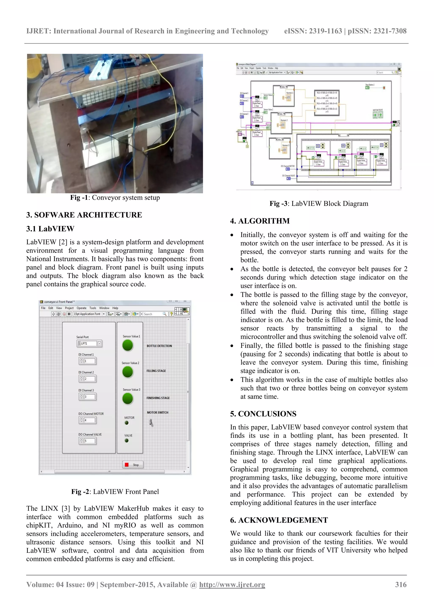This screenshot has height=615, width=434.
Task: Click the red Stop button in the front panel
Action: (x=133, y=465)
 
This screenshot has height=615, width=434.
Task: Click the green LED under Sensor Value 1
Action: (x=128, y=345)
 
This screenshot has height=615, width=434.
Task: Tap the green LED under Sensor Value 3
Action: (x=128, y=398)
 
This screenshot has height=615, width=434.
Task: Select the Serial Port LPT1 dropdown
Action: (x=89, y=343)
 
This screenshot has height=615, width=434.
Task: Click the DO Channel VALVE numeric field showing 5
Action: (x=89, y=441)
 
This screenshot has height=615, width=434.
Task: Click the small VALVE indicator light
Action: (x=127, y=441)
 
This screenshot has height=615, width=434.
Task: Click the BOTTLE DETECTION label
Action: (x=159, y=346)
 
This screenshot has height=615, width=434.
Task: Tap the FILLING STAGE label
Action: (x=156, y=371)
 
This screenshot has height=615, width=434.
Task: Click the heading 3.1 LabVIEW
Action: (x=50, y=229)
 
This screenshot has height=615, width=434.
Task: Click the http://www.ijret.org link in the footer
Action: (x=232, y=584)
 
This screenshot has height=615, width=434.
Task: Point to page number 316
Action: (x=400, y=584)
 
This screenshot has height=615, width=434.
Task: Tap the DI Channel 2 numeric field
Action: (x=89, y=379)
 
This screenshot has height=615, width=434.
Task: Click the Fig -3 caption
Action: (x=319, y=204)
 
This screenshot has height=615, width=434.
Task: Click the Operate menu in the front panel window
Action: (x=81, y=308)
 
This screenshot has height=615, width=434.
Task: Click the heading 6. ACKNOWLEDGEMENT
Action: (x=279, y=520)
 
